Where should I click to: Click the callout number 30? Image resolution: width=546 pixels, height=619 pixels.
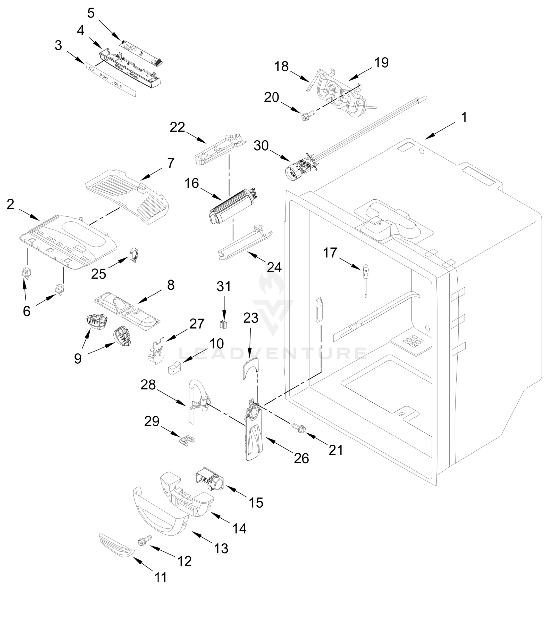tap(261, 146)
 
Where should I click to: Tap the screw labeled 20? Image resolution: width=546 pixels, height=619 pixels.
tap(308, 116)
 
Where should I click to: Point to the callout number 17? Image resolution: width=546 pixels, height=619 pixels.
tap(330, 253)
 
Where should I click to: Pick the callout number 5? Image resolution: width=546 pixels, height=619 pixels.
tap(91, 13)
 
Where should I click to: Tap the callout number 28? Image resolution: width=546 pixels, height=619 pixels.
tap(148, 385)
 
